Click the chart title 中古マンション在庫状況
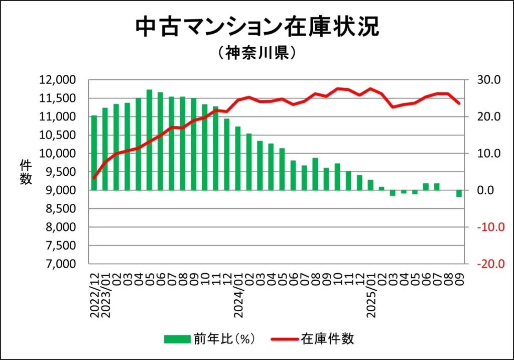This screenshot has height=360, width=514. tap(256, 28)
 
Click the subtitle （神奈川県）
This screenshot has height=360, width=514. tap(256, 53)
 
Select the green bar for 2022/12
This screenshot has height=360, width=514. tap(94, 153)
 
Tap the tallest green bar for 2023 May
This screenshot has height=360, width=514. tap(149, 140)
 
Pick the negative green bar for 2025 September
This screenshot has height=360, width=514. tap(459, 194)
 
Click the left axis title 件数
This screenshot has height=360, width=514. tap(26, 172)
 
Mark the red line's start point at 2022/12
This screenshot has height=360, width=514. tap(94, 178)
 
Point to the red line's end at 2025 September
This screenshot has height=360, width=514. tap(459, 103)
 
